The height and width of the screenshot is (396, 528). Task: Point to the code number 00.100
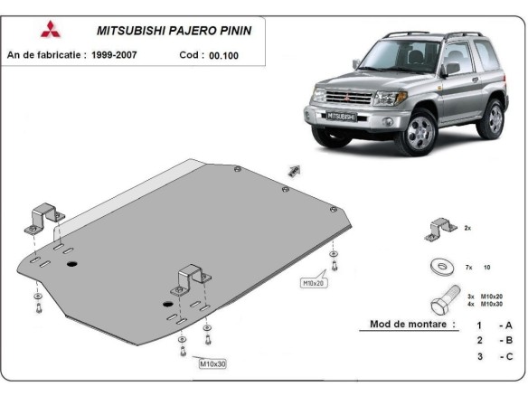[x=225, y=55]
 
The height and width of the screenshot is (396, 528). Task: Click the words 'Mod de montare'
[x=412, y=324]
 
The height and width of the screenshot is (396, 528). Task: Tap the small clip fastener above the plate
[x=293, y=170]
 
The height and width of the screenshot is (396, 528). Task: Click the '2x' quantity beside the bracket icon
[x=467, y=230]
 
